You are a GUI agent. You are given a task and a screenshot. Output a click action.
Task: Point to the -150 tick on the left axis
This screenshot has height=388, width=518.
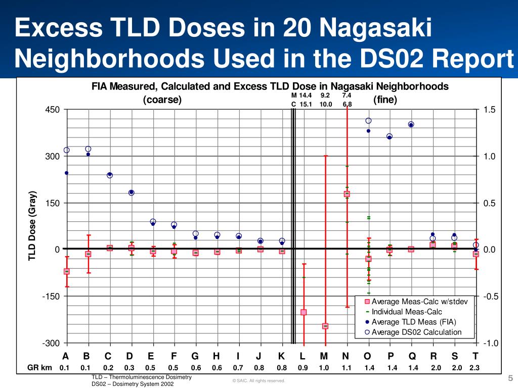51,297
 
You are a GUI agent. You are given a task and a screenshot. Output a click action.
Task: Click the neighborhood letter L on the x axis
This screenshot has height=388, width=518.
303,356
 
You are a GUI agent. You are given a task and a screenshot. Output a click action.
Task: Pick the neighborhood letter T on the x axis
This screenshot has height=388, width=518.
475,356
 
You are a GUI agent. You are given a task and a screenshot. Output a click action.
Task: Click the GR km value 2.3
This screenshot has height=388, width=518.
474,368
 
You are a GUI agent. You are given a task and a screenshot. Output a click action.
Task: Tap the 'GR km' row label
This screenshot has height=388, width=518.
40,368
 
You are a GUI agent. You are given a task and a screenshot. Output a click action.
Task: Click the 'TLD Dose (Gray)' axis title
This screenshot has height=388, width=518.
32,226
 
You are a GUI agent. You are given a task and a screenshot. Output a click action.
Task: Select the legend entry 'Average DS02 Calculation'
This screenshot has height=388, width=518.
416,332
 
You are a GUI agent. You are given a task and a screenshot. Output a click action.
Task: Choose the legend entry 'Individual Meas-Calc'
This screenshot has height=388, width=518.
407,312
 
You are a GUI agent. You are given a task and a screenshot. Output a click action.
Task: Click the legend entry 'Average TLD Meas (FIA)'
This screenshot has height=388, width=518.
414,322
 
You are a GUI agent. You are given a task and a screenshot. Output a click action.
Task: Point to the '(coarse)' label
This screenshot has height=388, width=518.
162,100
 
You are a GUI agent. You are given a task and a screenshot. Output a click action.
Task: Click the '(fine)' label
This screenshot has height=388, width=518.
385,100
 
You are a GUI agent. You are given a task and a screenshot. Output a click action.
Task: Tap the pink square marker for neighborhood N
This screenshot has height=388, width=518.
347,194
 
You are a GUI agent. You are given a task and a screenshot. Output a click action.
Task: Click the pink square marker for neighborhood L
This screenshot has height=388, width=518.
304,312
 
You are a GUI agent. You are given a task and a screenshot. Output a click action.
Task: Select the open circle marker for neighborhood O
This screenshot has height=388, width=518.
368,121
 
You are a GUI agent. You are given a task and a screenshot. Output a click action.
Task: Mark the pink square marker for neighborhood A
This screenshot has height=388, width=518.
66,271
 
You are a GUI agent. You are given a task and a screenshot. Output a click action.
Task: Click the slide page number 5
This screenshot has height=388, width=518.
510,378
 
